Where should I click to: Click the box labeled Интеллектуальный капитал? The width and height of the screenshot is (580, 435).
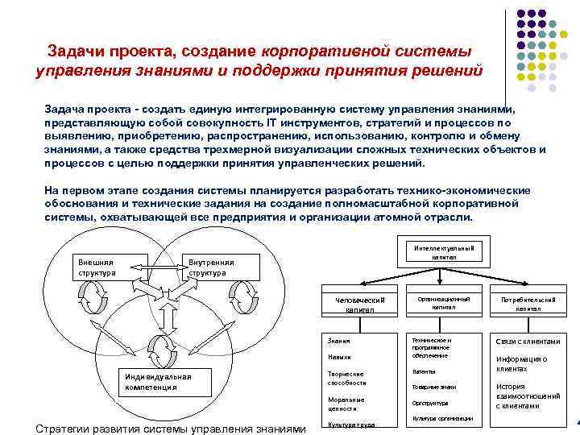[444, 251]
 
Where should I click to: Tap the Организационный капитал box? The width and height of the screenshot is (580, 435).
[443, 302]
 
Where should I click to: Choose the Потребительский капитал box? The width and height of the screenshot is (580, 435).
[528, 304]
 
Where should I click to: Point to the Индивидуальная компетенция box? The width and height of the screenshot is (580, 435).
[158, 381]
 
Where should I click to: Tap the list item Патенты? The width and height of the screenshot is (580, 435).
[424, 371]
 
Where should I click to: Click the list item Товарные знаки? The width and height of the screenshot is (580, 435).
[433, 387]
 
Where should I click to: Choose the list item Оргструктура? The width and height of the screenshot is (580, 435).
[430, 403]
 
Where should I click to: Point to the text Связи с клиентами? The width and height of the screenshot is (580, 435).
[528, 342]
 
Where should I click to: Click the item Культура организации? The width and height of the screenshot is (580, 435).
[441, 418]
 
